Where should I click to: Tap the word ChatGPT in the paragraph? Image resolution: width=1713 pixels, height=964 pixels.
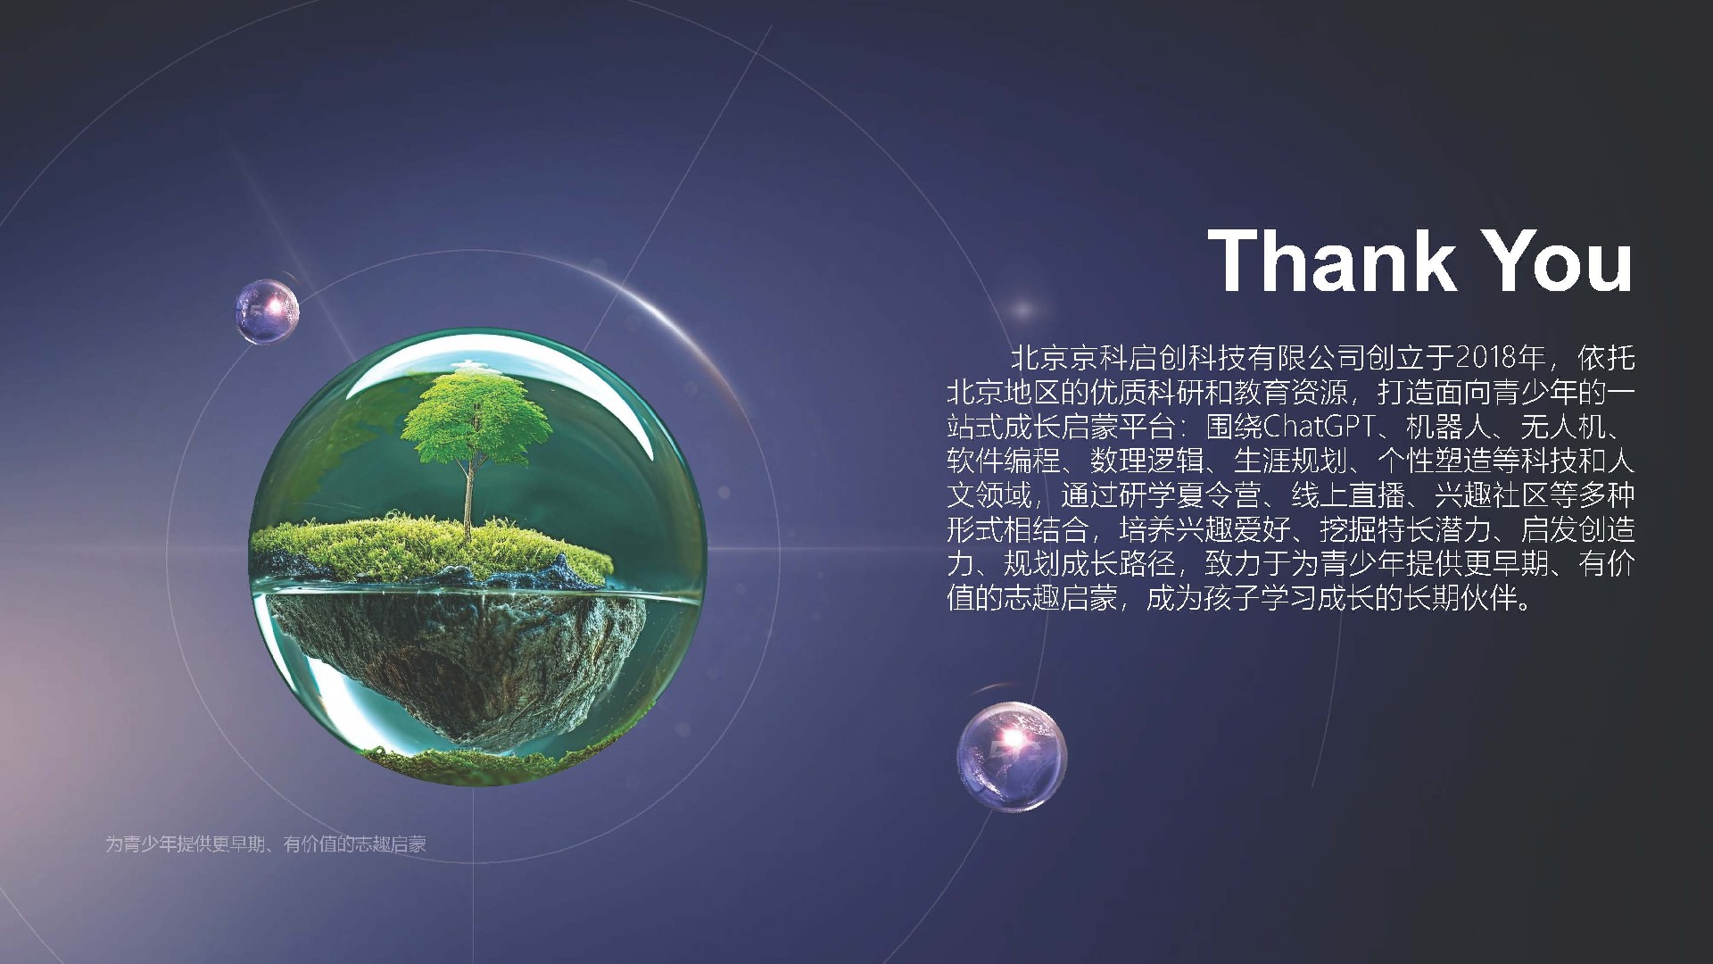click(x=1320, y=427)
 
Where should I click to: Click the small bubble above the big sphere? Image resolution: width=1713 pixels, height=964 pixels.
click(x=267, y=312)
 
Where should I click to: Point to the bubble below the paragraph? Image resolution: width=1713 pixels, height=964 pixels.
click(x=1012, y=756)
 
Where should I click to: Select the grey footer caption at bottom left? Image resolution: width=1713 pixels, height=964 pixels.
click(x=266, y=843)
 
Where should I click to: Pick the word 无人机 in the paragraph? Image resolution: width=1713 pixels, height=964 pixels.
click(x=1550, y=427)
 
